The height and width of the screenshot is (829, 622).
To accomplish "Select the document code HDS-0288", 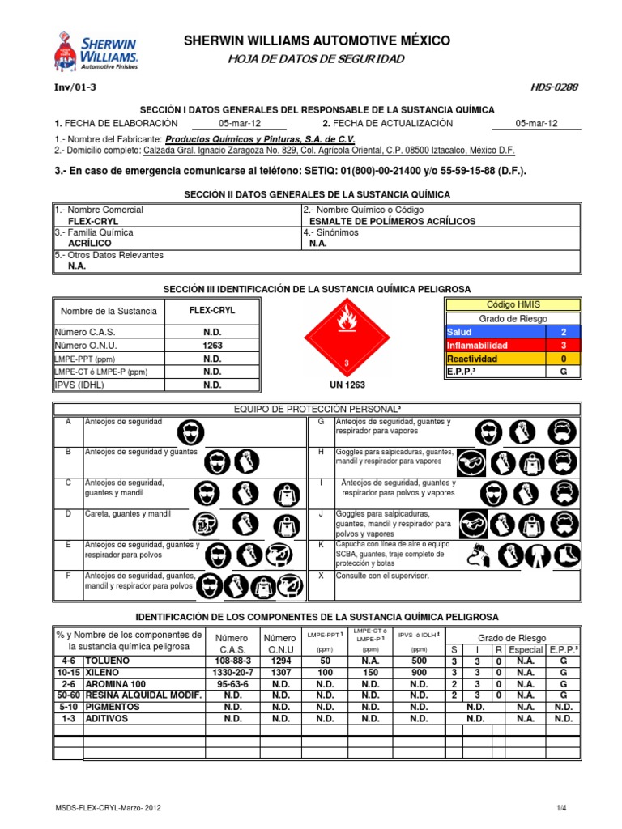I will [x=556, y=87].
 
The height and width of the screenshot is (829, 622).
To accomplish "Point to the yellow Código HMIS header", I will [x=512, y=305].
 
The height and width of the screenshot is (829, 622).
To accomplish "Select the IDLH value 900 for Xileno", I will [x=419, y=673].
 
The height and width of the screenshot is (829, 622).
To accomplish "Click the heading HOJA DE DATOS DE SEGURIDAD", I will [x=316, y=60].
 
